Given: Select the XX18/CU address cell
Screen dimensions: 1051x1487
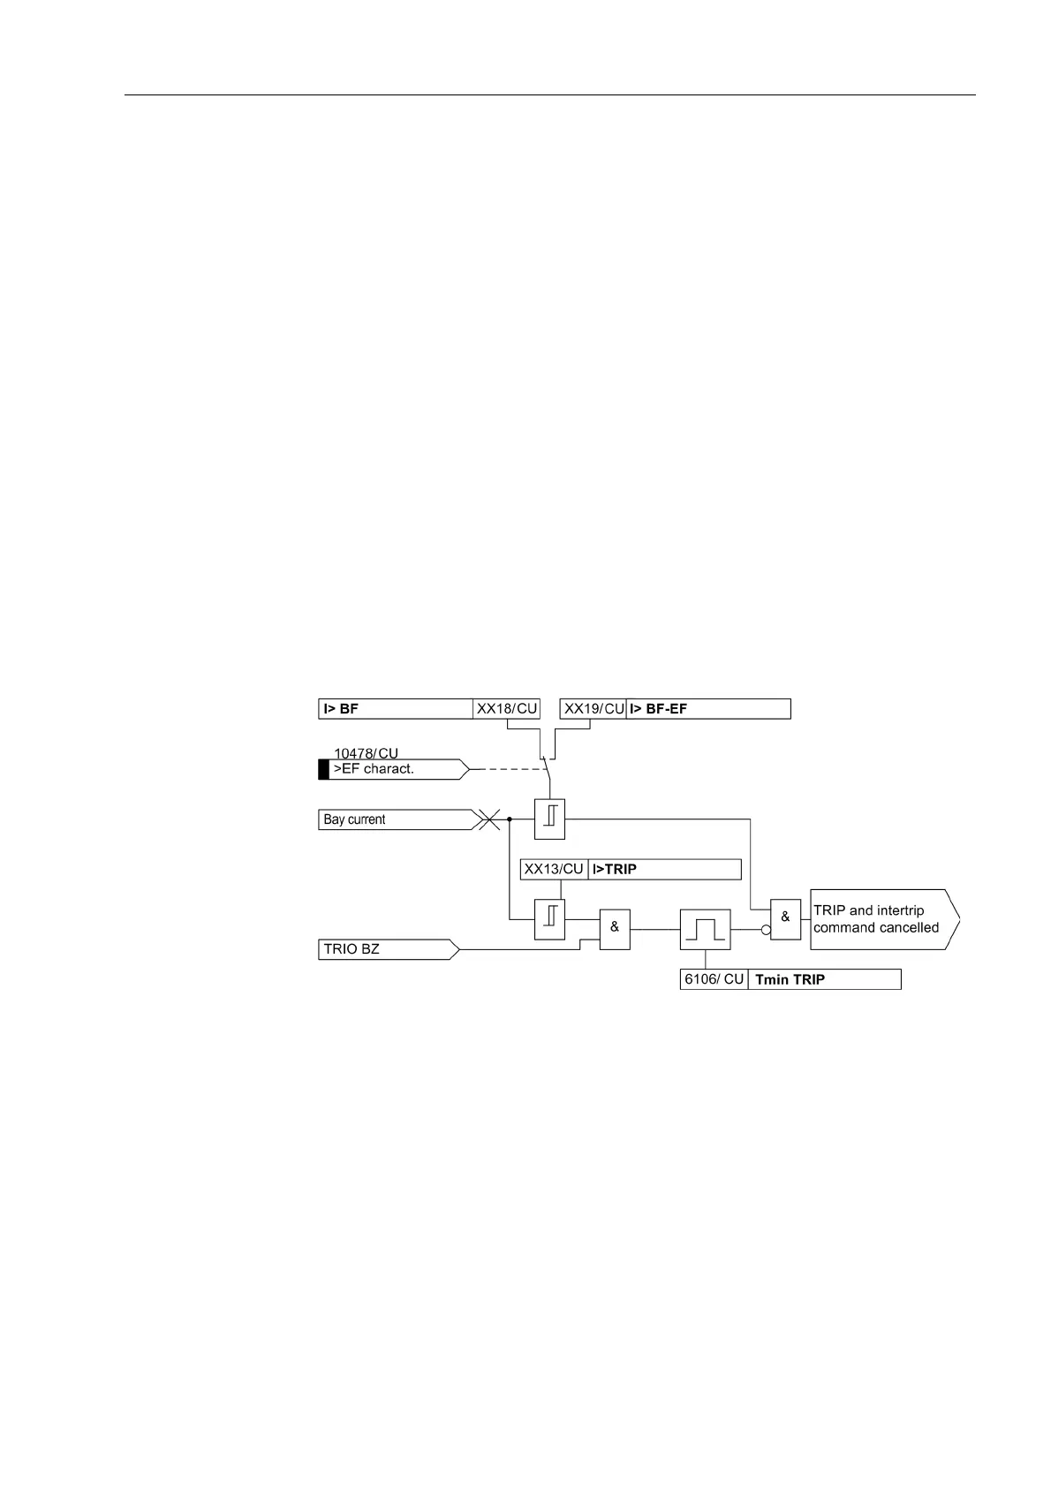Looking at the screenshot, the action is pos(507,708).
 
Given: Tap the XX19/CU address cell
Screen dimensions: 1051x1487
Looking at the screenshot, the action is pos(594,708).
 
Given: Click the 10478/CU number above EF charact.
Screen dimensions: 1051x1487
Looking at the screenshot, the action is pos(366,753).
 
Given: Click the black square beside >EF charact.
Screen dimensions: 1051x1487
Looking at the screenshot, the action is pos(323,769).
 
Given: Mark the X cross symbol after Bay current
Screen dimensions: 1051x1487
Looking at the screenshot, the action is pos(488,820).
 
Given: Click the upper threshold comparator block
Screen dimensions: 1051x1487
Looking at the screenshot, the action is pos(549,819).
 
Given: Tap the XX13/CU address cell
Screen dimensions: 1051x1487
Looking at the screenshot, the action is pos(554,869).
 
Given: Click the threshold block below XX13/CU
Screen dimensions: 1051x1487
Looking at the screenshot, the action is pos(549,919).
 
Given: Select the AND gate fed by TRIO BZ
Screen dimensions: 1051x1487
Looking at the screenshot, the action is pos(615,929).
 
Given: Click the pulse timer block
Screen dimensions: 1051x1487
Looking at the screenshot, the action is pos(705,930).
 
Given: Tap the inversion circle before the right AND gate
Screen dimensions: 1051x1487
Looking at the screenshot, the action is pos(767,930).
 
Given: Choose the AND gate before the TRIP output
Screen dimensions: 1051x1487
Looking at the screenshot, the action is pos(785,919).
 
